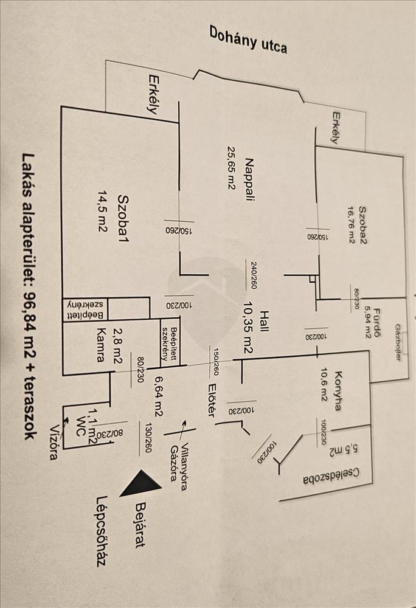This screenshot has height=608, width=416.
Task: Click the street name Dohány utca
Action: pos(248,40)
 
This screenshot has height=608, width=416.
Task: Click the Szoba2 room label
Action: pos(364,224)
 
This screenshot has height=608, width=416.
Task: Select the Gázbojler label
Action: pos(399,342)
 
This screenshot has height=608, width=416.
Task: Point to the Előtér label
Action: pos(212,399)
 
